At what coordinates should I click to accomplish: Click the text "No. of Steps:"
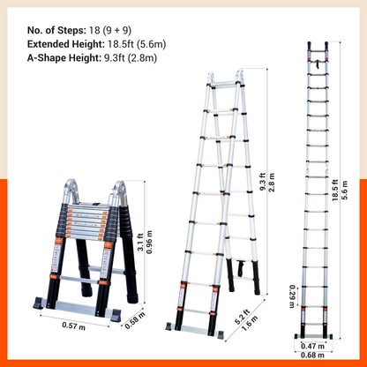[x=56, y=30]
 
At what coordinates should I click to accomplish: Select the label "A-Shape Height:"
[x=64, y=58]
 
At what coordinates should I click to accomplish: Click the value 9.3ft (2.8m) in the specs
[x=131, y=58]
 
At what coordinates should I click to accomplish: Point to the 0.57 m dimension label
[x=73, y=326]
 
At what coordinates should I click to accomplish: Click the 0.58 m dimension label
[x=135, y=320]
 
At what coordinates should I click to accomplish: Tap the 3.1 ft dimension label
[x=141, y=242]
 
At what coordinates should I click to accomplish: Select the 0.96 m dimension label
[x=149, y=242]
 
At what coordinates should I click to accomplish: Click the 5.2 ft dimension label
[x=243, y=317]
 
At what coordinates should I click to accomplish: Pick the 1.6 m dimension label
[x=250, y=323]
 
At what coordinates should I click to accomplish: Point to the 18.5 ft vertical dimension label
[x=335, y=191]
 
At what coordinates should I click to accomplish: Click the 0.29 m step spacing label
[x=292, y=296]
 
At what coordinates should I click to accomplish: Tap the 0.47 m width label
[x=312, y=346]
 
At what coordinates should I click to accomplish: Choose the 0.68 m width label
[x=312, y=356]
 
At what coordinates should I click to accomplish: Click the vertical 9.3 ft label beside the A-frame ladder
[x=263, y=182]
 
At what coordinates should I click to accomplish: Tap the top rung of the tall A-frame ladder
[x=225, y=85]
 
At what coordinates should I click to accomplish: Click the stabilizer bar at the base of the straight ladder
[x=313, y=336]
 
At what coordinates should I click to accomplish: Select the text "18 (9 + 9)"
[x=110, y=30]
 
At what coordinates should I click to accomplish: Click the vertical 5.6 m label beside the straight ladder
[x=345, y=191]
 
